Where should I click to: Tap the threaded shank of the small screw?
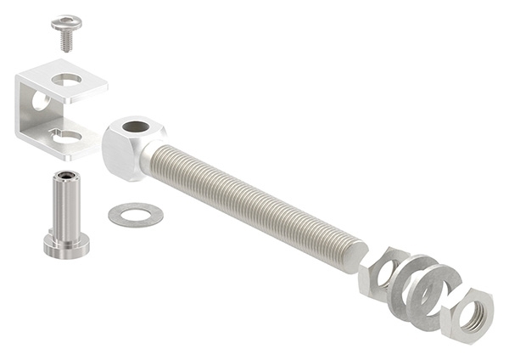click(x=66, y=40)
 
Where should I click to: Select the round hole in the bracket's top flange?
click(x=67, y=80)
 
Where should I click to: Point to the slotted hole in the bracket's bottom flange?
click(x=65, y=134)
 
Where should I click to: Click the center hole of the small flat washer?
click(x=136, y=213)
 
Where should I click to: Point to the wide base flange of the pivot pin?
click(x=66, y=247)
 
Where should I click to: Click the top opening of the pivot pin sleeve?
click(x=64, y=177)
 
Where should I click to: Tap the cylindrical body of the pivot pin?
click(x=65, y=208)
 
